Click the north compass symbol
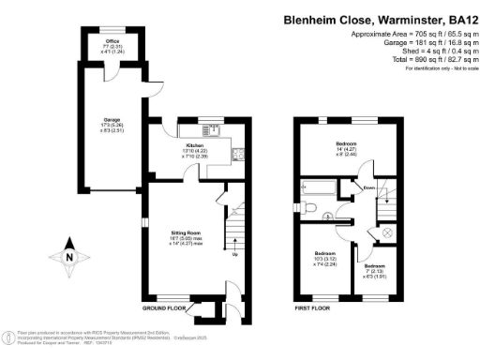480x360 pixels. pyautogui.click(x=68, y=258)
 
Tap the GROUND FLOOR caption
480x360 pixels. pyautogui.click(x=166, y=309)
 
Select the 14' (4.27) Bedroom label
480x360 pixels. pyautogui.click(x=348, y=144)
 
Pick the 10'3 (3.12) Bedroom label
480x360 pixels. pyautogui.click(x=326, y=257)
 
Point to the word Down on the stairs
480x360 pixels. pyautogui.click(x=369, y=187)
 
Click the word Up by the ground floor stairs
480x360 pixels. pyautogui.click(x=234, y=254)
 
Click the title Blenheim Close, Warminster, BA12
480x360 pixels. pyautogui.click(x=378, y=19)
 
